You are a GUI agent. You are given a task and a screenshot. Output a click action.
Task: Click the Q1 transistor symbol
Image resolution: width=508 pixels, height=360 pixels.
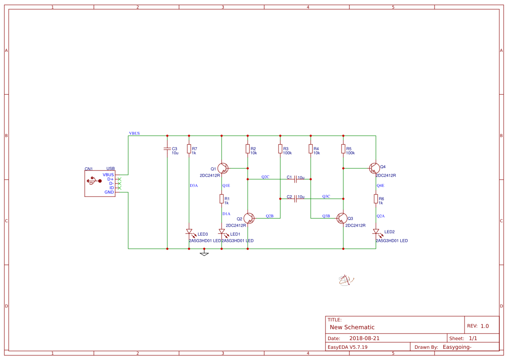click(x=222, y=168)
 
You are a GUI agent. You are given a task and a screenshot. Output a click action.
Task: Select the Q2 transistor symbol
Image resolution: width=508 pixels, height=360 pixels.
click(x=249, y=218)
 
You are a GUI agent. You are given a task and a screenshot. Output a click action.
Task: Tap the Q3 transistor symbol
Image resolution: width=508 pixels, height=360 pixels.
click(x=342, y=218)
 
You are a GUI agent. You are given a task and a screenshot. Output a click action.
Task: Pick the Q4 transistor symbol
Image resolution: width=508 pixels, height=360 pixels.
click(x=375, y=168)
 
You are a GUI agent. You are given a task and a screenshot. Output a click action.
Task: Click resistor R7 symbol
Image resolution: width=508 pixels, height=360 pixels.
click(x=189, y=149)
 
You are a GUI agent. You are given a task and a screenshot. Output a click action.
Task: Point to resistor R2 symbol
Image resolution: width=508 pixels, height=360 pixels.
click(x=248, y=149)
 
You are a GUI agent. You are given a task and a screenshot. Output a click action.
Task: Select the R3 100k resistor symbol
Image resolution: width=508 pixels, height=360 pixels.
click(x=280, y=149)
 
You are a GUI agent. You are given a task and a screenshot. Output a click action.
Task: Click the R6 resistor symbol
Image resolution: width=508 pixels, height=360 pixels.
click(x=376, y=199)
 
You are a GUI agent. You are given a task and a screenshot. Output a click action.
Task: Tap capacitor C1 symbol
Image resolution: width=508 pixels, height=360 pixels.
click(x=296, y=178)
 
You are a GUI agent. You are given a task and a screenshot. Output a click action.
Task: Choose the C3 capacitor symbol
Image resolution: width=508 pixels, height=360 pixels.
click(x=167, y=149)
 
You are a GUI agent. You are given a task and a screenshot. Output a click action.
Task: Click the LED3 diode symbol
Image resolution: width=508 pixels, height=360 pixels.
click(x=189, y=232)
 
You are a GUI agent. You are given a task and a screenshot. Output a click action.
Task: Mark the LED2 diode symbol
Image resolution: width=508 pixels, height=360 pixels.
click(x=376, y=232)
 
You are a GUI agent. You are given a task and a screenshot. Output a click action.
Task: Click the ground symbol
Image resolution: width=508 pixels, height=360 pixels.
click(x=204, y=253)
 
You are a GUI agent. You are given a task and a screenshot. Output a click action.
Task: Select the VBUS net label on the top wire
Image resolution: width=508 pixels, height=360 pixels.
click(x=134, y=133)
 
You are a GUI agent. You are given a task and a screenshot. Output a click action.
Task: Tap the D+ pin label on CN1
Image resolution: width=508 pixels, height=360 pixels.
click(x=110, y=179)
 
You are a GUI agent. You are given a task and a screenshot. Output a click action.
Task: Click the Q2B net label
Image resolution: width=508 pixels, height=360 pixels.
click(x=269, y=216)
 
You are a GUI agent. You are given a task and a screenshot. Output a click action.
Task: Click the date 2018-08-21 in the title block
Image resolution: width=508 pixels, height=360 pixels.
click(x=365, y=338)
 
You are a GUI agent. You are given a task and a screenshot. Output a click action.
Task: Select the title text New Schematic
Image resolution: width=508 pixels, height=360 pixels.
click(x=352, y=327)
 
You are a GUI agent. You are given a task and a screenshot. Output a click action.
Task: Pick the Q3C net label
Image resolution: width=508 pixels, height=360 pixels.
click(x=326, y=197)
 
